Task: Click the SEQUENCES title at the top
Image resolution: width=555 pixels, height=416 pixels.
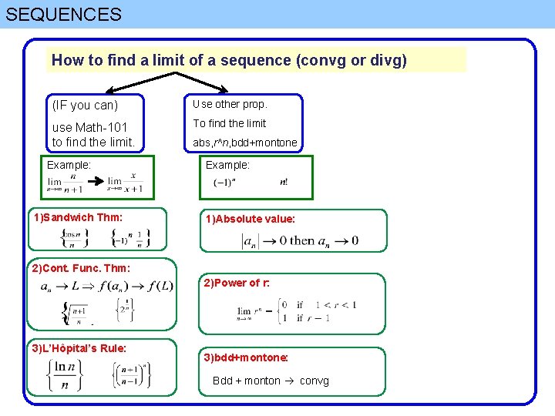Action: point(64,14)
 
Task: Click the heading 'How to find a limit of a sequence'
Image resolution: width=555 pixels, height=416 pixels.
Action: point(229,59)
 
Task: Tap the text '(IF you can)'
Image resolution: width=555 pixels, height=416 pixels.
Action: point(85,105)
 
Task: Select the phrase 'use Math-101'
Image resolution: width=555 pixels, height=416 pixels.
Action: point(89,127)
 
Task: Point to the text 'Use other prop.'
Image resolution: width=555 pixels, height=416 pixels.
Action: point(230,104)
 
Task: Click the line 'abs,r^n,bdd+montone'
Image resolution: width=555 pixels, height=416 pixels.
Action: point(245,143)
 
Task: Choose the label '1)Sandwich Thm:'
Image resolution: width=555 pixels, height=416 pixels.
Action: point(78,217)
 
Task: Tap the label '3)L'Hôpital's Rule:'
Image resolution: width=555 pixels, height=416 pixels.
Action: point(79,348)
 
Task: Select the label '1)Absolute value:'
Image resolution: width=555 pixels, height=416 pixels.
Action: point(250,219)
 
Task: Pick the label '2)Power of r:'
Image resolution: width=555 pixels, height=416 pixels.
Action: point(237,283)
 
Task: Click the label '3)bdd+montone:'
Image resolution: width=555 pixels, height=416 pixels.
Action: point(246,357)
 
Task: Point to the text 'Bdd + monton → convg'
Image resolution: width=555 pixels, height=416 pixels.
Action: point(271,381)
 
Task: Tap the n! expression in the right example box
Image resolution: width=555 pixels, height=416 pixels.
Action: point(284,183)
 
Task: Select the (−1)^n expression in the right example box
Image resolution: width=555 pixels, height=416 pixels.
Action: point(224,183)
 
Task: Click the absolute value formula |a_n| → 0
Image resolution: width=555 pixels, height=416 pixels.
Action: point(300,240)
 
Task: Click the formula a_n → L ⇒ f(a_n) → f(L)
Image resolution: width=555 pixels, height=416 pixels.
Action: point(107,287)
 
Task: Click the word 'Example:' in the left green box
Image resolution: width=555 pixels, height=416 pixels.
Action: point(69,165)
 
